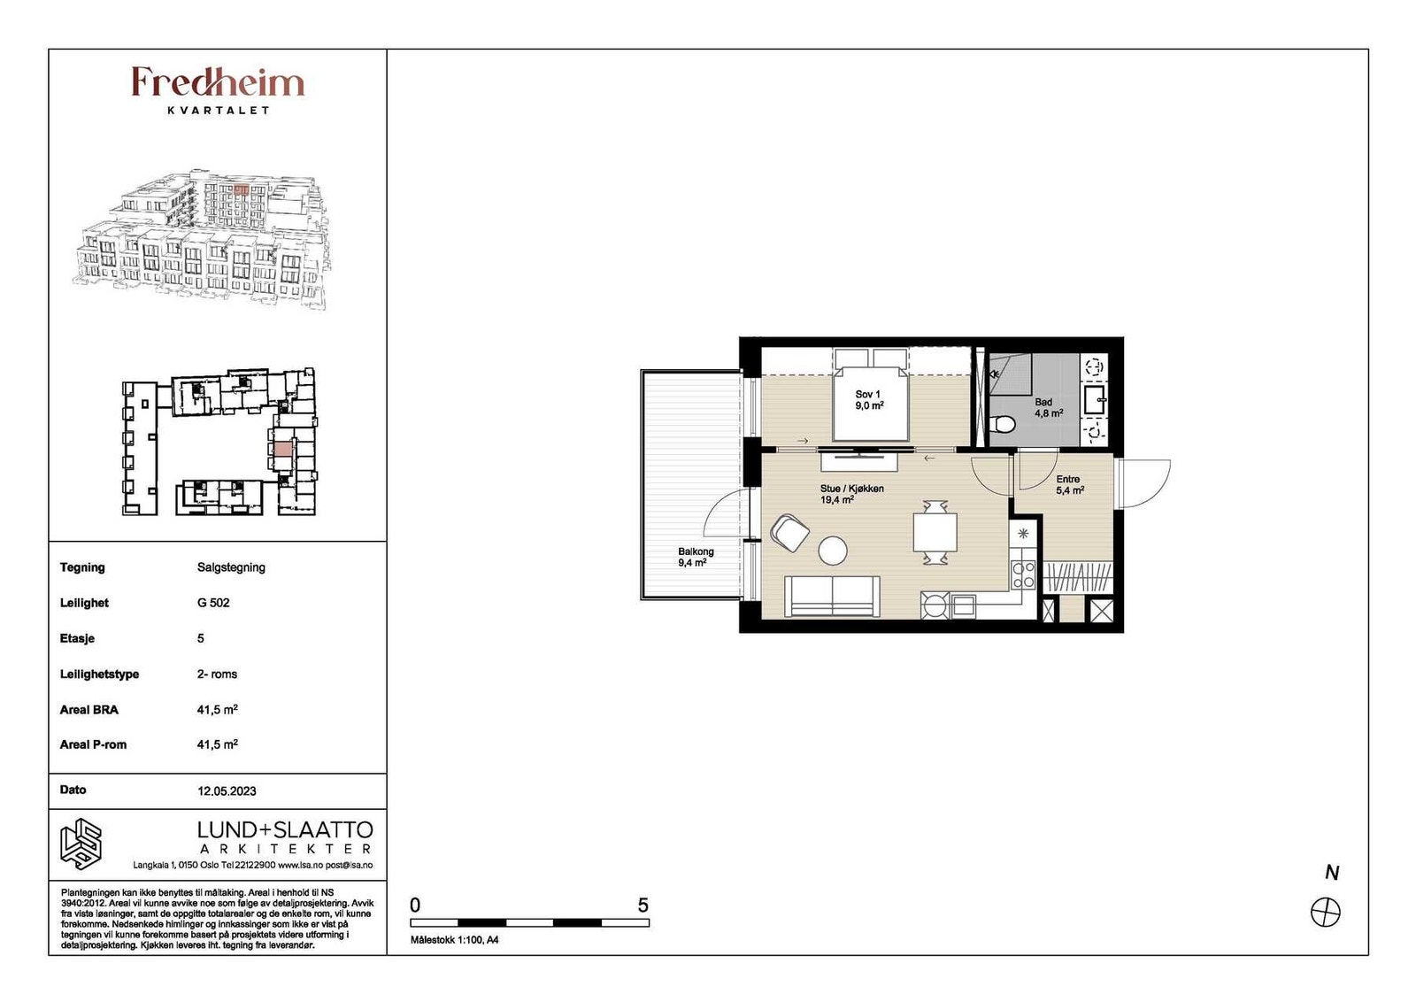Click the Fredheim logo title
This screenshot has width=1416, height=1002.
coord(218,83)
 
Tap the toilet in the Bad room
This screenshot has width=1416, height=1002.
coord(1003,424)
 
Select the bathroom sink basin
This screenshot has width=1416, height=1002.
coord(1095,399)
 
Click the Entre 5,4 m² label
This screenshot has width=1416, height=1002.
coord(1070,485)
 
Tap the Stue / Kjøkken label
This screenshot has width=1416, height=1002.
coord(851,489)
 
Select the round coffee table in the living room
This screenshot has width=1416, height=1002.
coord(833,551)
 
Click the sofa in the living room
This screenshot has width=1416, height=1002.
coord(831,596)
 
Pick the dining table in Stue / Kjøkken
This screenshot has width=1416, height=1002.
coord(935,532)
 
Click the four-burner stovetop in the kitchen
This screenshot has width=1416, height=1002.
coord(1023,575)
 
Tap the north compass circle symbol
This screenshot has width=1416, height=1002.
coord(1326,913)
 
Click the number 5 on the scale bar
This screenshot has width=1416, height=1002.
coord(643,906)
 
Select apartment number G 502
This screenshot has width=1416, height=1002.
coord(213,603)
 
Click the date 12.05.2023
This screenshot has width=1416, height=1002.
coord(227,790)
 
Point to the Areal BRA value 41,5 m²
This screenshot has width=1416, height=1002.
coord(217,709)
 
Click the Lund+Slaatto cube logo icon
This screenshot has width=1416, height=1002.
coord(81,844)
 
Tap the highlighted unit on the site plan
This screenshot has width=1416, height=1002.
coord(283,449)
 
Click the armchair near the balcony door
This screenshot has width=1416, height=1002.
coord(790,532)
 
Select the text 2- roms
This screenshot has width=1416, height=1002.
coord(217,674)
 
